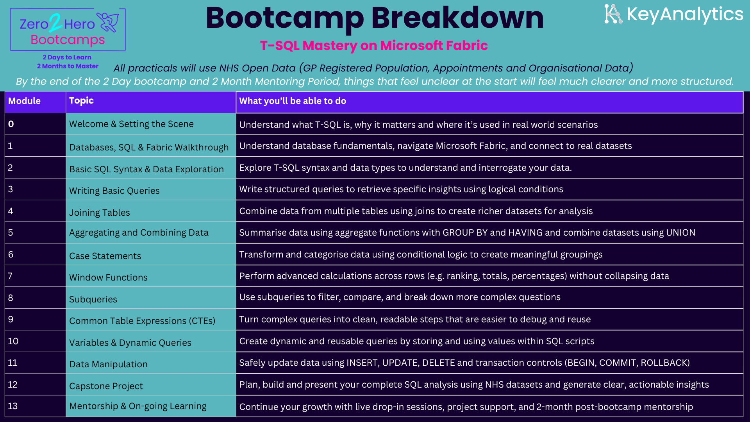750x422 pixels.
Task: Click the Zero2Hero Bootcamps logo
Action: (x=68, y=30)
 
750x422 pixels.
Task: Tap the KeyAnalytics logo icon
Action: (x=613, y=14)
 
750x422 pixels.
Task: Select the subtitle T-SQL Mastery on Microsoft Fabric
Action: (x=374, y=46)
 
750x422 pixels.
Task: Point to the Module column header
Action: (x=24, y=101)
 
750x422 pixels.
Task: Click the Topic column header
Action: (x=81, y=101)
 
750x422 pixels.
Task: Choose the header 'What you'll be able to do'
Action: (x=293, y=101)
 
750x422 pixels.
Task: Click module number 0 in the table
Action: (x=11, y=124)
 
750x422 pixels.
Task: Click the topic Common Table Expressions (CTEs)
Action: (x=142, y=321)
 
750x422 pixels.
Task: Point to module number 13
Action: (x=12, y=406)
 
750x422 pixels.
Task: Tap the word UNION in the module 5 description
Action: (x=681, y=232)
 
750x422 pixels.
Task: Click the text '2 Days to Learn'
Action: (x=67, y=57)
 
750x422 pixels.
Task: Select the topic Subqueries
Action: (x=93, y=299)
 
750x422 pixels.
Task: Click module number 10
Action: (x=13, y=341)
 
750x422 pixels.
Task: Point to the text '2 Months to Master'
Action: (x=68, y=66)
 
